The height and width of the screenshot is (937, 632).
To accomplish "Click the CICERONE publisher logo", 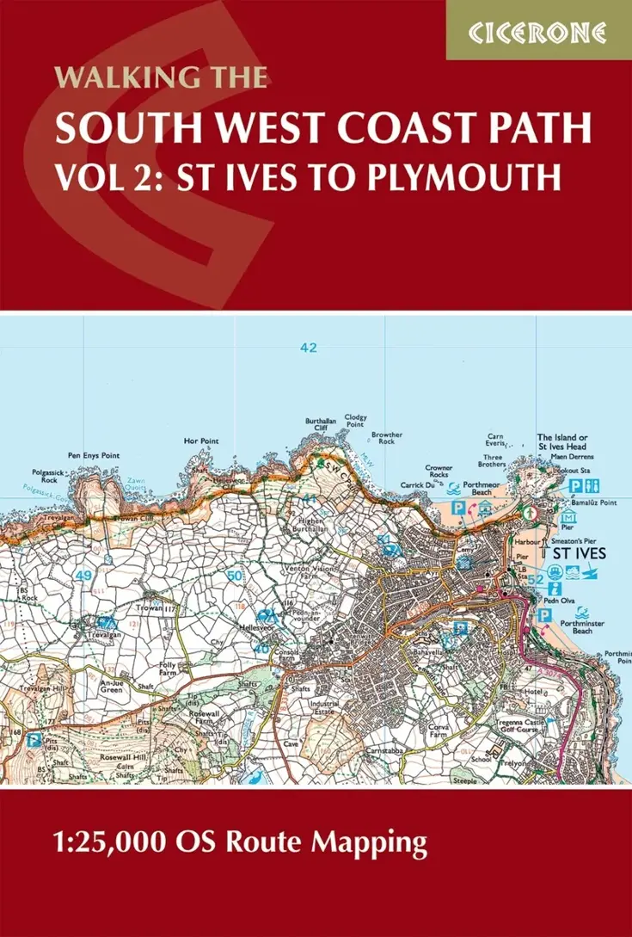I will pos(538,33).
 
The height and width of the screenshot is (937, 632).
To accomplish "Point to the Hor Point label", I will pos(201,441).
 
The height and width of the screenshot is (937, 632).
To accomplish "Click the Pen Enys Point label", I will pos(92,455).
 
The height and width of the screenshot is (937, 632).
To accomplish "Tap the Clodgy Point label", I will pos(354,421).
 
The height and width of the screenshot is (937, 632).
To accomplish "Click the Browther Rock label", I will pos(387,439).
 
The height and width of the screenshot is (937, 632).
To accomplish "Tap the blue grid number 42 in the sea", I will pos(309,348).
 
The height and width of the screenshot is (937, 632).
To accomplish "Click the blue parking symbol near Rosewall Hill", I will pos(34,739).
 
